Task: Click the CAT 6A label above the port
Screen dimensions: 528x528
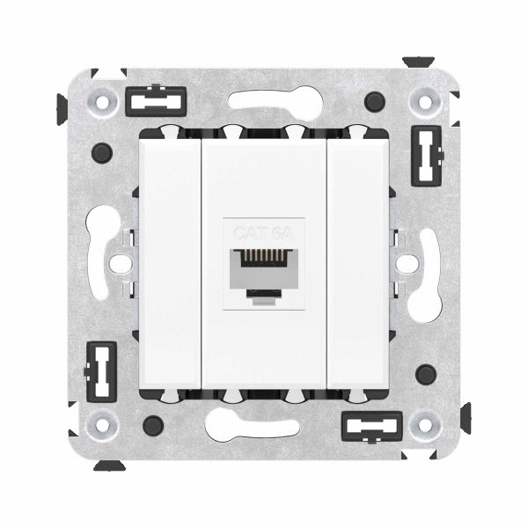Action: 264,233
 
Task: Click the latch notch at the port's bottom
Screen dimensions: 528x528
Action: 264,296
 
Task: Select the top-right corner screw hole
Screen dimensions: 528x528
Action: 425,103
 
